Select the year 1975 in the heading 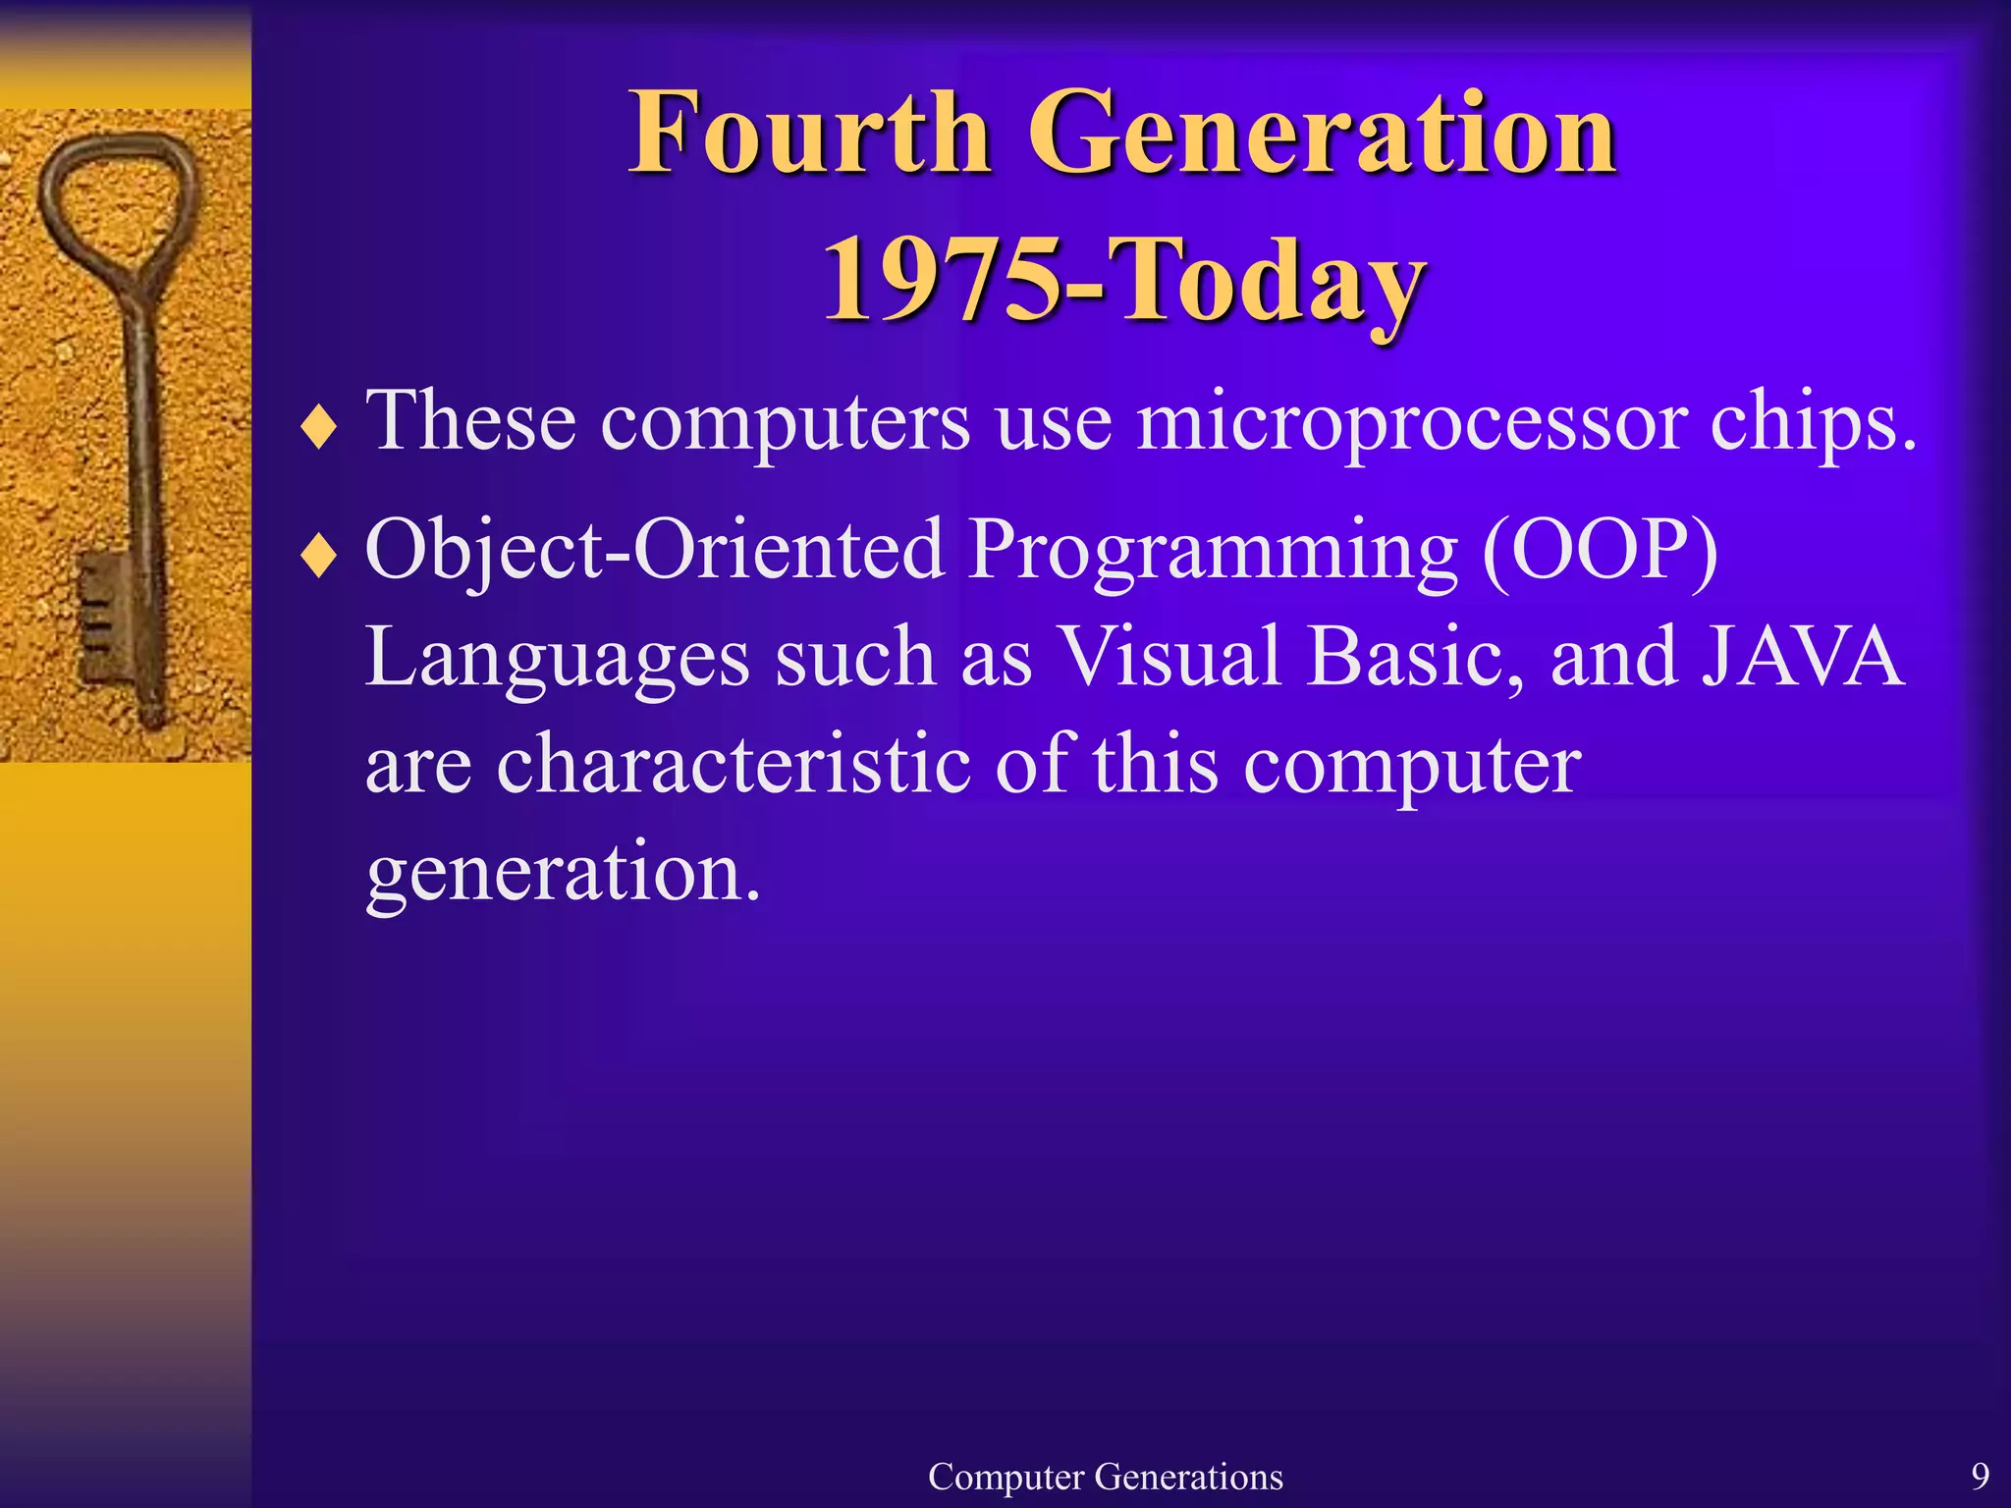943,280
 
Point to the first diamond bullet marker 319,429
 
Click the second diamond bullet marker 319,558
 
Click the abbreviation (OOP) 1600,550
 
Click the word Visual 1169,658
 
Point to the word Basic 1414,658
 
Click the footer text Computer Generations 1105,1477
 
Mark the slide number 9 1980,1476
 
